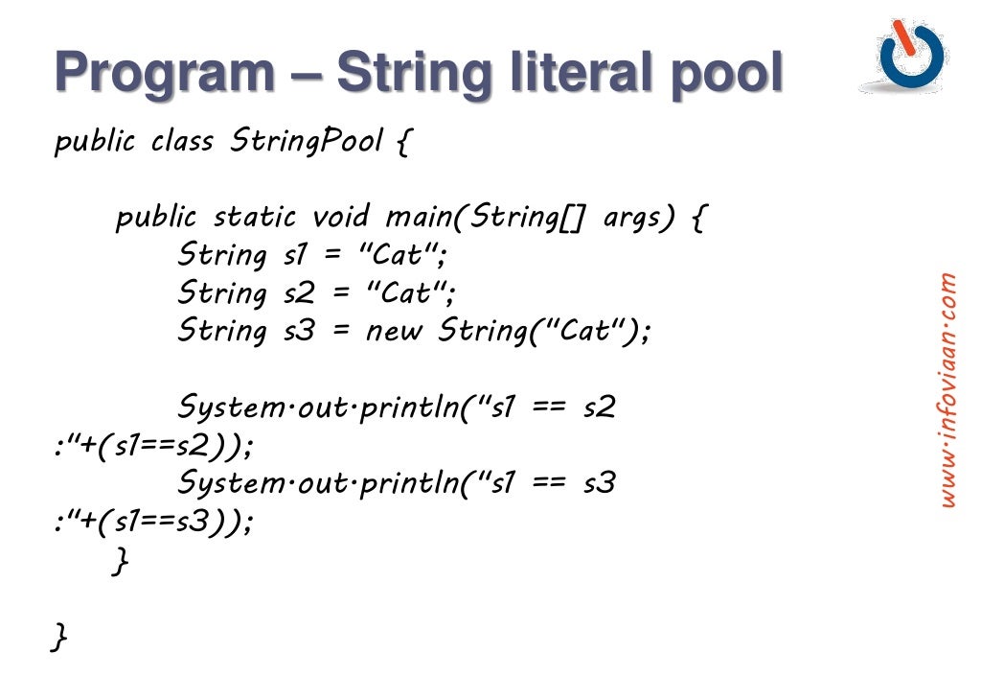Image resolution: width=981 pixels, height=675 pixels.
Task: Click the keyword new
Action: (x=396, y=332)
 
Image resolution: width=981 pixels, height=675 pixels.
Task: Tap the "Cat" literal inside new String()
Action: (x=583, y=332)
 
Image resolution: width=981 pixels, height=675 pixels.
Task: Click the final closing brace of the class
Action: (x=60, y=636)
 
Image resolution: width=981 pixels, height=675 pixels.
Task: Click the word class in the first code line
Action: (x=183, y=142)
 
